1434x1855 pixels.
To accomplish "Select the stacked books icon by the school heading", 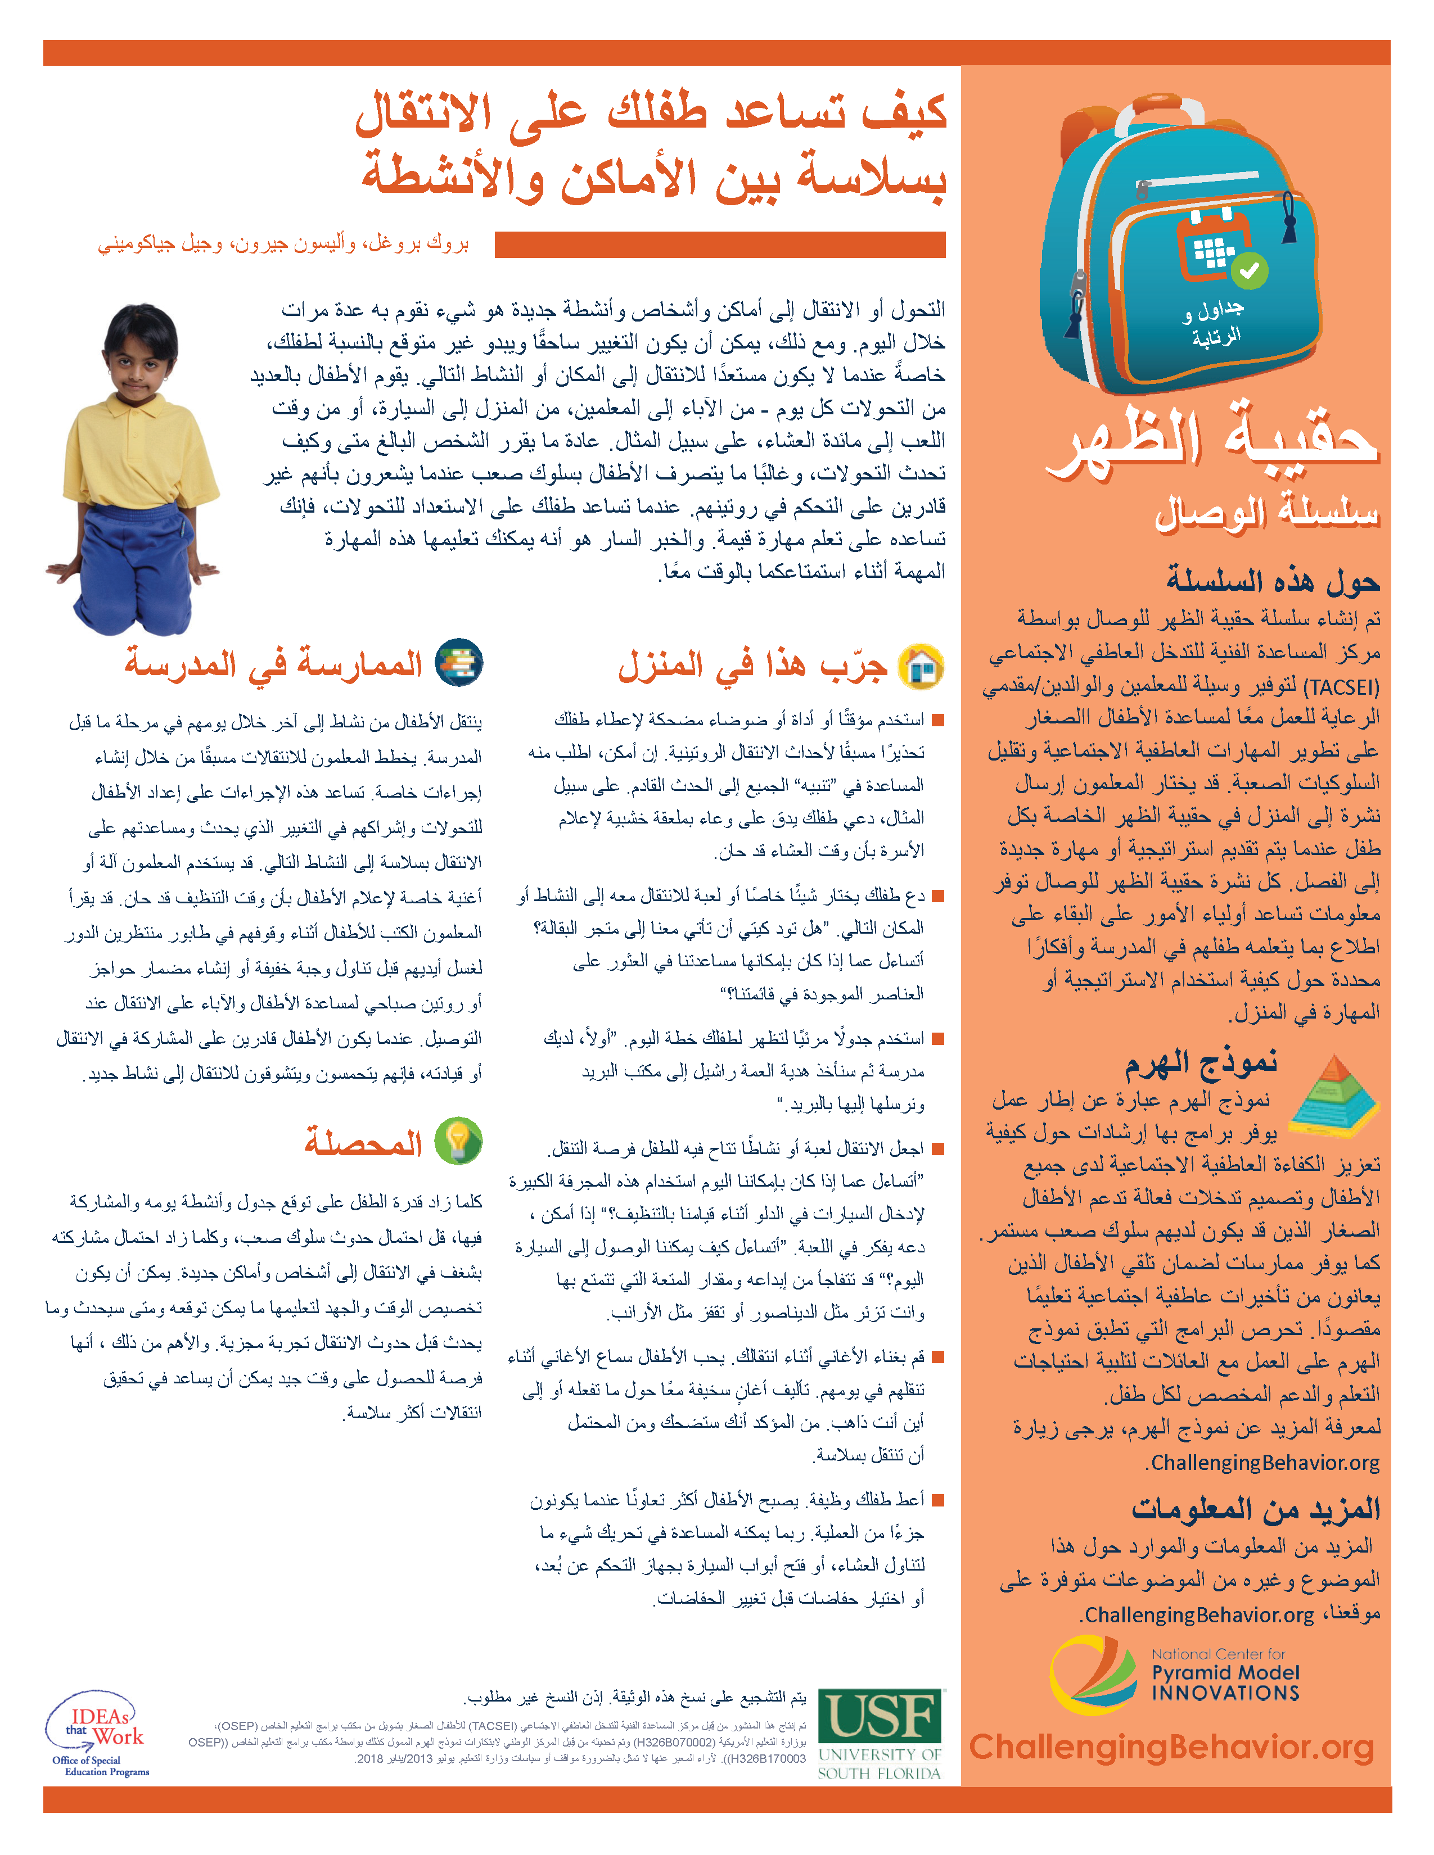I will [x=459, y=663].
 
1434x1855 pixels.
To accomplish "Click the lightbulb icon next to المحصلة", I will [x=459, y=1141].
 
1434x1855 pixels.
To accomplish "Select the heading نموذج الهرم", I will [x=1201, y=1062].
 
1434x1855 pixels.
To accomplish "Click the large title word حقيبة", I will [x=1300, y=438].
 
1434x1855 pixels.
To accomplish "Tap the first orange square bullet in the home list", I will [x=938, y=720].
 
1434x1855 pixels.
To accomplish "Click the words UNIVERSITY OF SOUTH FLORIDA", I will [x=880, y=1764].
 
